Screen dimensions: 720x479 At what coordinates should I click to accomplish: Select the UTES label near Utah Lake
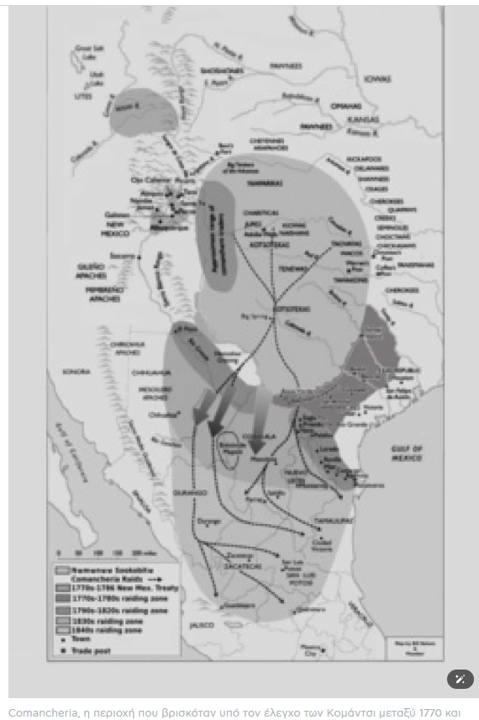[x=83, y=98]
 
